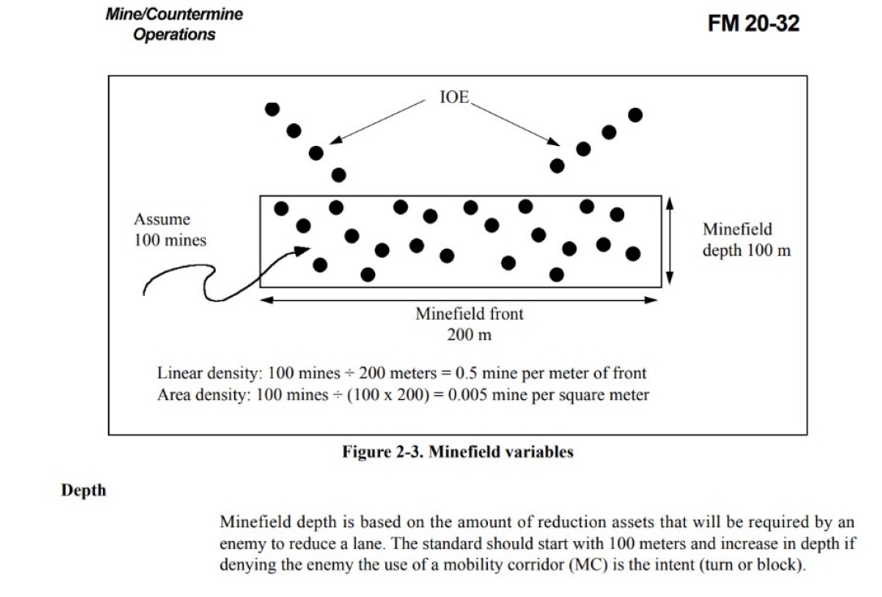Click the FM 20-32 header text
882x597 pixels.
[x=753, y=24]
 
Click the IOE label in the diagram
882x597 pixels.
[x=454, y=97]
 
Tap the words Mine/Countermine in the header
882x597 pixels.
[x=173, y=15]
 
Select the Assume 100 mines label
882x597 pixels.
[x=169, y=230]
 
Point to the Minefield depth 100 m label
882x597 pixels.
[x=746, y=238]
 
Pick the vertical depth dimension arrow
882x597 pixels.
[x=670, y=241]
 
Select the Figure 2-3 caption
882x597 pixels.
[x=458, y=453]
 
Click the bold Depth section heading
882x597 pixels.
[x=84, y=491]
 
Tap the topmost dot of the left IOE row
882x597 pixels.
[x=273, y=108]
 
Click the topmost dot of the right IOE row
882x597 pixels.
[x=636, y=114]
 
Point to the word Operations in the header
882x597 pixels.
[x=175, y=35]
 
